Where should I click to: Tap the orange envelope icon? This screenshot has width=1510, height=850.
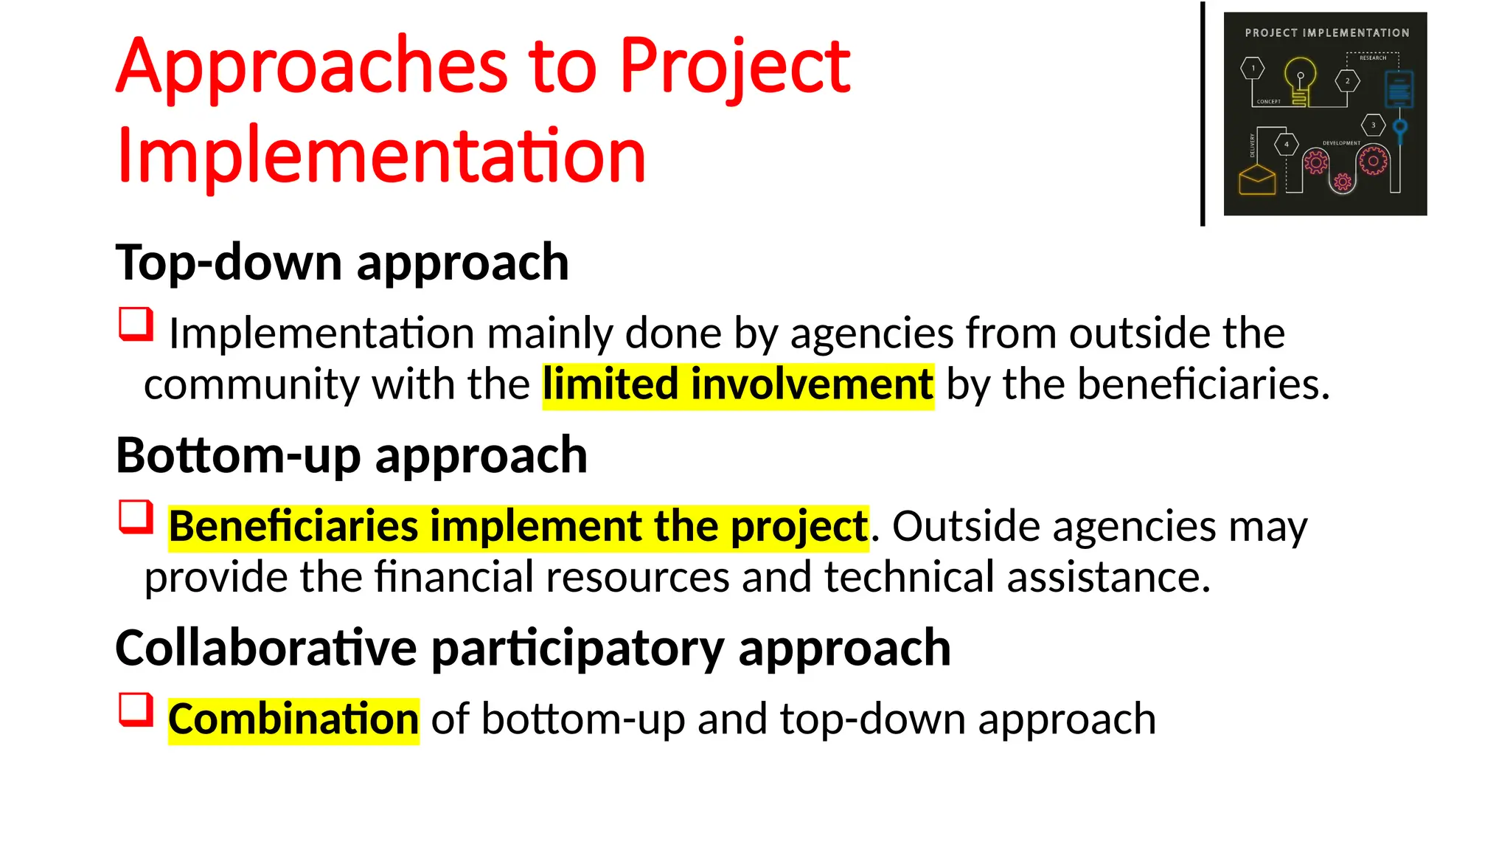pyautogui.click(x=1257, y=179)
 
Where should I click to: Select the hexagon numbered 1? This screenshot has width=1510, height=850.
pyautogui.click(x=1252, y=69)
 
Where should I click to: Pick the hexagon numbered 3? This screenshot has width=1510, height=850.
pyautogui.click(x=1373, y=125)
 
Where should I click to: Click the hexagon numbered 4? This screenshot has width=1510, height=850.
pyautogui.click(x=1287, y=145)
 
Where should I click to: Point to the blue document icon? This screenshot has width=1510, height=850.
pyautogui.click(x=1399, y=89)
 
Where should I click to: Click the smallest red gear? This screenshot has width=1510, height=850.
pyautogui.click(x=1343, y=182)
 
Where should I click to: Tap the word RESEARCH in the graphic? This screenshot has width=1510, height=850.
pyautogui.click(x=1372, y=58)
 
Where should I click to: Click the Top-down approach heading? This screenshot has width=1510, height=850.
pyautogui.click(x=342, y=263)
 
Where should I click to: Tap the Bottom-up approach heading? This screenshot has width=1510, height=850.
pyautogui.click(x=351, y=455)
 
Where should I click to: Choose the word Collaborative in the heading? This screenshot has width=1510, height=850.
pyautogui.click(x=266, y=648)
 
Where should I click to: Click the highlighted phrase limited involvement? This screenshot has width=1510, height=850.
pyautogui.click(x=738, y=385)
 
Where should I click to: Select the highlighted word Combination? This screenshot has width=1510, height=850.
pyautogui.click(x=293, y=719)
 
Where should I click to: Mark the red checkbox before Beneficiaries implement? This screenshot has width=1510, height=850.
pyautogui.click(x=136, y=516)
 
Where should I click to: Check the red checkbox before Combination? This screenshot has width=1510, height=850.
pyautogui.click(x=136, y=710)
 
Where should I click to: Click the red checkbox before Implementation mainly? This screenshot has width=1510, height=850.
pyautogui.click(x=136, y=324)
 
